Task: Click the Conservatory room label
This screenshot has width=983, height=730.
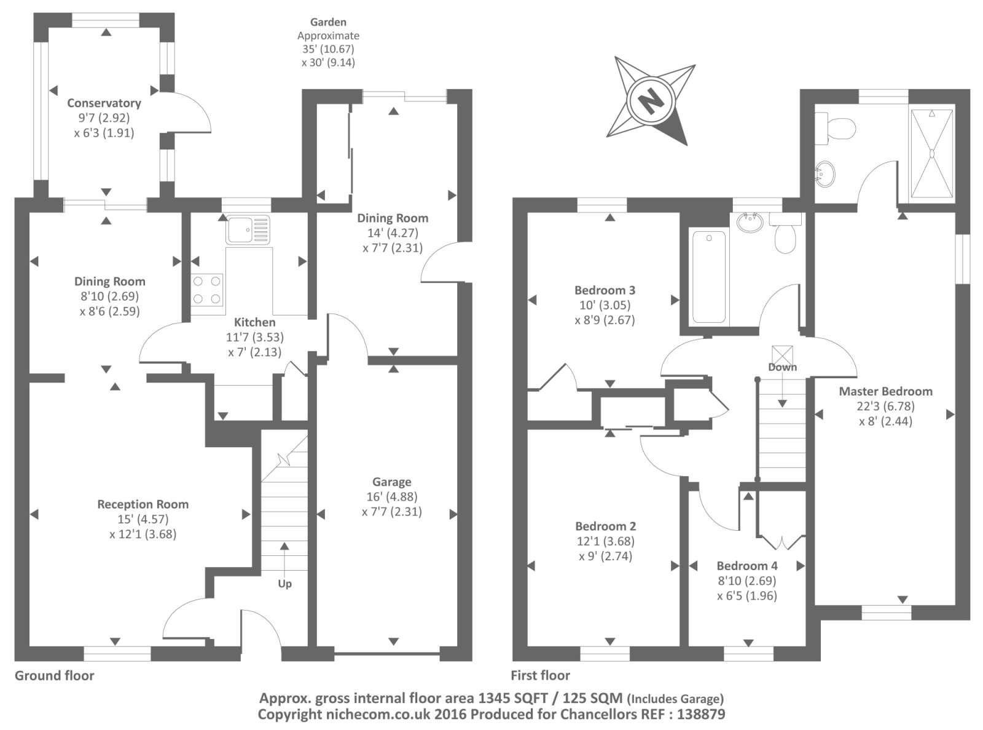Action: (x=104, y=103)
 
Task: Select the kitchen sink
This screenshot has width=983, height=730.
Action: (x=248, y=229)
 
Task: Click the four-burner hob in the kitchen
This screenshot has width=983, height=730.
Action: (x=207, y=290)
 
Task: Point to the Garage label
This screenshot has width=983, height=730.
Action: (x=391, y=482)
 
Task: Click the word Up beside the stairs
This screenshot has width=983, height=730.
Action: (x=284, y=584)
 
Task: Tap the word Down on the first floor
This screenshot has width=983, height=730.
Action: (x=782, y=367)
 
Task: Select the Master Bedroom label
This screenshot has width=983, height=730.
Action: (x=885, y=391)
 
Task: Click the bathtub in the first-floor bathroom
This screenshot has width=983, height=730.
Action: (x=708, y=276)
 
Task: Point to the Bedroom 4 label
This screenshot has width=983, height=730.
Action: (x=747, y=566)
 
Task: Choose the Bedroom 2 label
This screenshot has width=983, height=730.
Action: (x=605, y=526)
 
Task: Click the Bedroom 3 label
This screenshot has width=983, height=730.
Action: (x=605, y=290)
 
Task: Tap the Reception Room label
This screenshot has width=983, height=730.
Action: (x=143, y=504)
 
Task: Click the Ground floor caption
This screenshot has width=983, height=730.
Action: (x=55, y=676)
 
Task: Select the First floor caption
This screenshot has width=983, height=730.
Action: (x=540, y=676)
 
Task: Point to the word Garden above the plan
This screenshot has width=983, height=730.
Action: (x=328, y=22)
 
